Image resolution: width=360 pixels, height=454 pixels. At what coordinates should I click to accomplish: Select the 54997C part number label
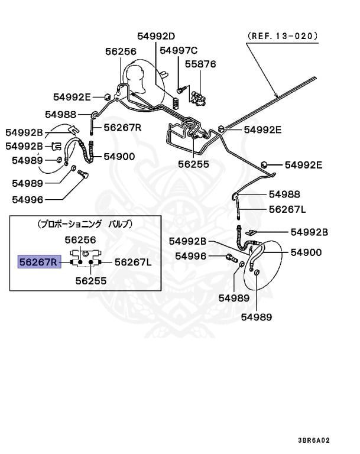click(179, 50)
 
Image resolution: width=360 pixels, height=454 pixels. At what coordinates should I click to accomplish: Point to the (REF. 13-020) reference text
click(283, 35)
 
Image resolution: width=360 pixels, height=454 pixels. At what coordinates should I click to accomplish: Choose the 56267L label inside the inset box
click(134, 261)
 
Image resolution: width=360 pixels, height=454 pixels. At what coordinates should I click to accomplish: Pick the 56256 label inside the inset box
click(80, 239)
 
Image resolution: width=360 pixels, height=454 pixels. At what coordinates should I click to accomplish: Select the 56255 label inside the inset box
click(91, 281)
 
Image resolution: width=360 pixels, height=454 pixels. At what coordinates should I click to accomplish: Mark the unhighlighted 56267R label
click(123, 127)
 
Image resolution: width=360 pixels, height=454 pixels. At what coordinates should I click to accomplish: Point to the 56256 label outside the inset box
click(121, 52)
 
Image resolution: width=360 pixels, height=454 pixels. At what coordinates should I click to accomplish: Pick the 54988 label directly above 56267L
click(285, 194)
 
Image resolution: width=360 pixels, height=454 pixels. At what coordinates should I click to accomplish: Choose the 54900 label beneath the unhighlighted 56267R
click(120, 157)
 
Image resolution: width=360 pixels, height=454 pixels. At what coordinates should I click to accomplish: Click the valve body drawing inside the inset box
click(87, 261)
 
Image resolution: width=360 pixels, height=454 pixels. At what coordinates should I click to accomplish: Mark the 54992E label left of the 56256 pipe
click(72, 97)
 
